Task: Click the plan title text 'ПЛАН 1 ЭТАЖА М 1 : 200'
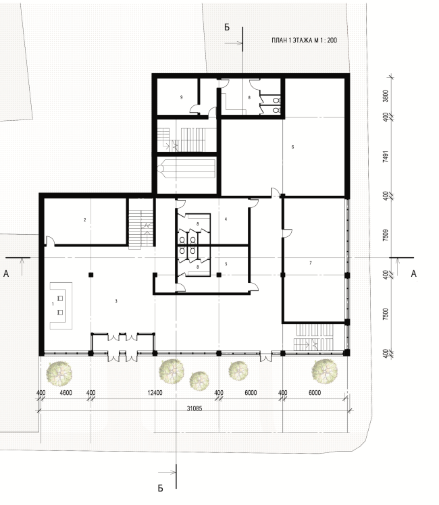tap(305, 41)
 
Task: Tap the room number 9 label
tap(181, 97)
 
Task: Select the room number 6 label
tap(292, 147)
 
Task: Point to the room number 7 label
tap(311, 263)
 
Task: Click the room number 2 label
tap(84, 220)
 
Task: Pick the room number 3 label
tap(116, 301)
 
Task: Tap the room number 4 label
tap(226, 219)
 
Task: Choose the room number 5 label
tap(226, 264)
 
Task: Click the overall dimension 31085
tap(195, 408)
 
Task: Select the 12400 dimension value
tap(155, 393)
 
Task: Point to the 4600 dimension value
tap(66, 393)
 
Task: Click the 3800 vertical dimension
tap(386, 96)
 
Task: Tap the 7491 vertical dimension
tap(386, 156)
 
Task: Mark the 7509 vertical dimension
tap(386, 235)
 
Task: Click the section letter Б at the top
tap(227, 28)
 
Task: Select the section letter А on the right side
tap(413, 273)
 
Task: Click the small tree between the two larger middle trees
tap(199, 381)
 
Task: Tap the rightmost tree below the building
tap(324, 371)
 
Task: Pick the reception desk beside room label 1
tap(61, 305)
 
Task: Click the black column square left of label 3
tap(91, 275)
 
